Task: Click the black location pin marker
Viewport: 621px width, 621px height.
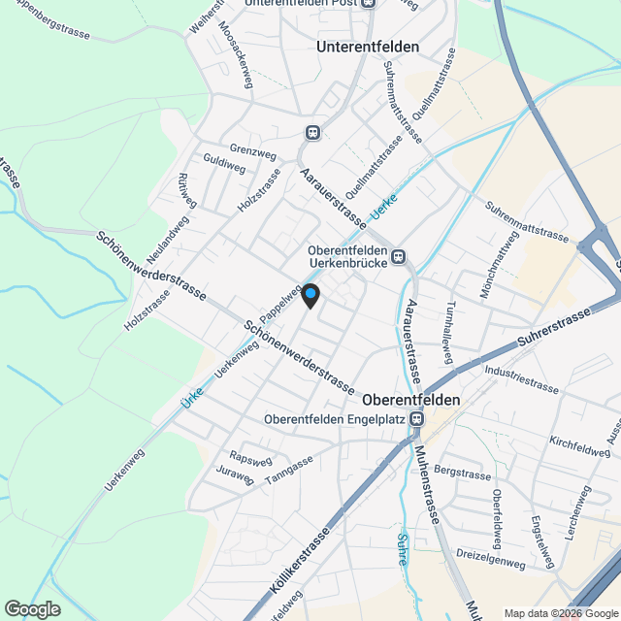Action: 310,295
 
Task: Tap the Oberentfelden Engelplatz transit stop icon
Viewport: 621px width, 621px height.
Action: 417,419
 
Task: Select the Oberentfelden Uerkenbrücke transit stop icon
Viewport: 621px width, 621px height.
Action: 399,258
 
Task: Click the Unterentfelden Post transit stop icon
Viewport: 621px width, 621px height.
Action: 369,3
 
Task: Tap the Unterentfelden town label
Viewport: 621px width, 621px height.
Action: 368,47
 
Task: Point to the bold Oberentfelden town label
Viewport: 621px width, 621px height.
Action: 410,399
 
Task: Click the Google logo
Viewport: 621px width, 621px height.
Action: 32,608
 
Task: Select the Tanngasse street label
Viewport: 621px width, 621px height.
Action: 288,469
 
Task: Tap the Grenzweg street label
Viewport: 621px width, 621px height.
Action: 253,152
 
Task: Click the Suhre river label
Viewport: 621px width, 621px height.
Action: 402,549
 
